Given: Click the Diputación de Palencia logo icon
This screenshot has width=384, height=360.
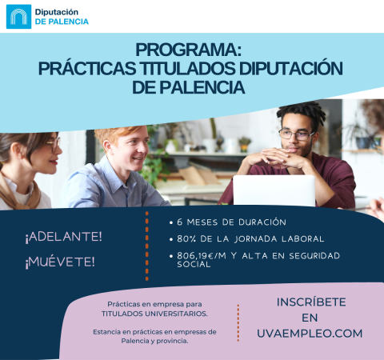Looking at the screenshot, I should (x=18, y=16).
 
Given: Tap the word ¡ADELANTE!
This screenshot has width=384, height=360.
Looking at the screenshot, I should (x=63, y=237).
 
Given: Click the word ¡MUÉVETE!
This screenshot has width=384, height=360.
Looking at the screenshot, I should (x=60, y=262).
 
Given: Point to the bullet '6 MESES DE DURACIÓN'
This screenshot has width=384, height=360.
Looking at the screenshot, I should (x=233, y=221).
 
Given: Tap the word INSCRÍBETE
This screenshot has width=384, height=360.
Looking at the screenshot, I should (x=310, y=302).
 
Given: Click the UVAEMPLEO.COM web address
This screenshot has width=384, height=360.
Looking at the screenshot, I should (x=310, y=332).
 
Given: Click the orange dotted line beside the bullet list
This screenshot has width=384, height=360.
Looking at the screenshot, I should (x=147, y=246).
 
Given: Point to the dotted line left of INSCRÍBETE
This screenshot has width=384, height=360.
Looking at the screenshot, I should (x=238, y=322).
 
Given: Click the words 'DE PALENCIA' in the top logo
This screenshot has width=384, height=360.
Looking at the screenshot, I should (x=62, y=22).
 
